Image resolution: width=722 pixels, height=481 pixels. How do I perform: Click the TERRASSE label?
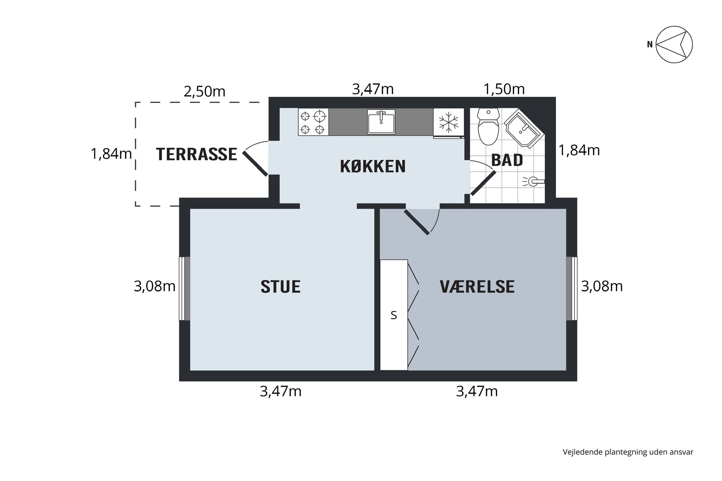(196, 154)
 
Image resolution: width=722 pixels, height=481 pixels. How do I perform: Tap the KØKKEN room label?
(373, 166)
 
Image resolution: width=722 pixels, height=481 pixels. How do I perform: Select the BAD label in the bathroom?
(507, 160)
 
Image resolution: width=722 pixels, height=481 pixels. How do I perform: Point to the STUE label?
(280, 287)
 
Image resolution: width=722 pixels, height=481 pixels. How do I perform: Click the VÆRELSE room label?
(477, 287)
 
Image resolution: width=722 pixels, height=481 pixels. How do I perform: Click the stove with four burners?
(313, 122)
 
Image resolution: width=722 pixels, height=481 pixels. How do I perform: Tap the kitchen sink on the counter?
(381, 122)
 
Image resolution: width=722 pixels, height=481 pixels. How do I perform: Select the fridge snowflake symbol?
(448, 122)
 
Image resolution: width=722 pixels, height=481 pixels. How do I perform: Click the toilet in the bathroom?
(488, 127)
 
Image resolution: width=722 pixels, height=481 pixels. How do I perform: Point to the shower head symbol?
(533, 181)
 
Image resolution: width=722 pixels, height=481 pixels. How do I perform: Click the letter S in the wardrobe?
(394, 315)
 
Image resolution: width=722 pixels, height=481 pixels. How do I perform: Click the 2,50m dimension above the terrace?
(205, 92)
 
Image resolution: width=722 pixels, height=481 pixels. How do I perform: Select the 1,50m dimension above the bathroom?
(504, 89)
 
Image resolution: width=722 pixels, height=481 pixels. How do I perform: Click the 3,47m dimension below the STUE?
(281, 391)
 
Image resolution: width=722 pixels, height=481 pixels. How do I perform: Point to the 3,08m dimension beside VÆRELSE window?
(602, 287)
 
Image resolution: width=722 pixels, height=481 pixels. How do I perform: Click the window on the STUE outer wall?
(184, 289)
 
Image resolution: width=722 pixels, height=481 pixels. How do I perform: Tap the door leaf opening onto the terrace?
(255, 164)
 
